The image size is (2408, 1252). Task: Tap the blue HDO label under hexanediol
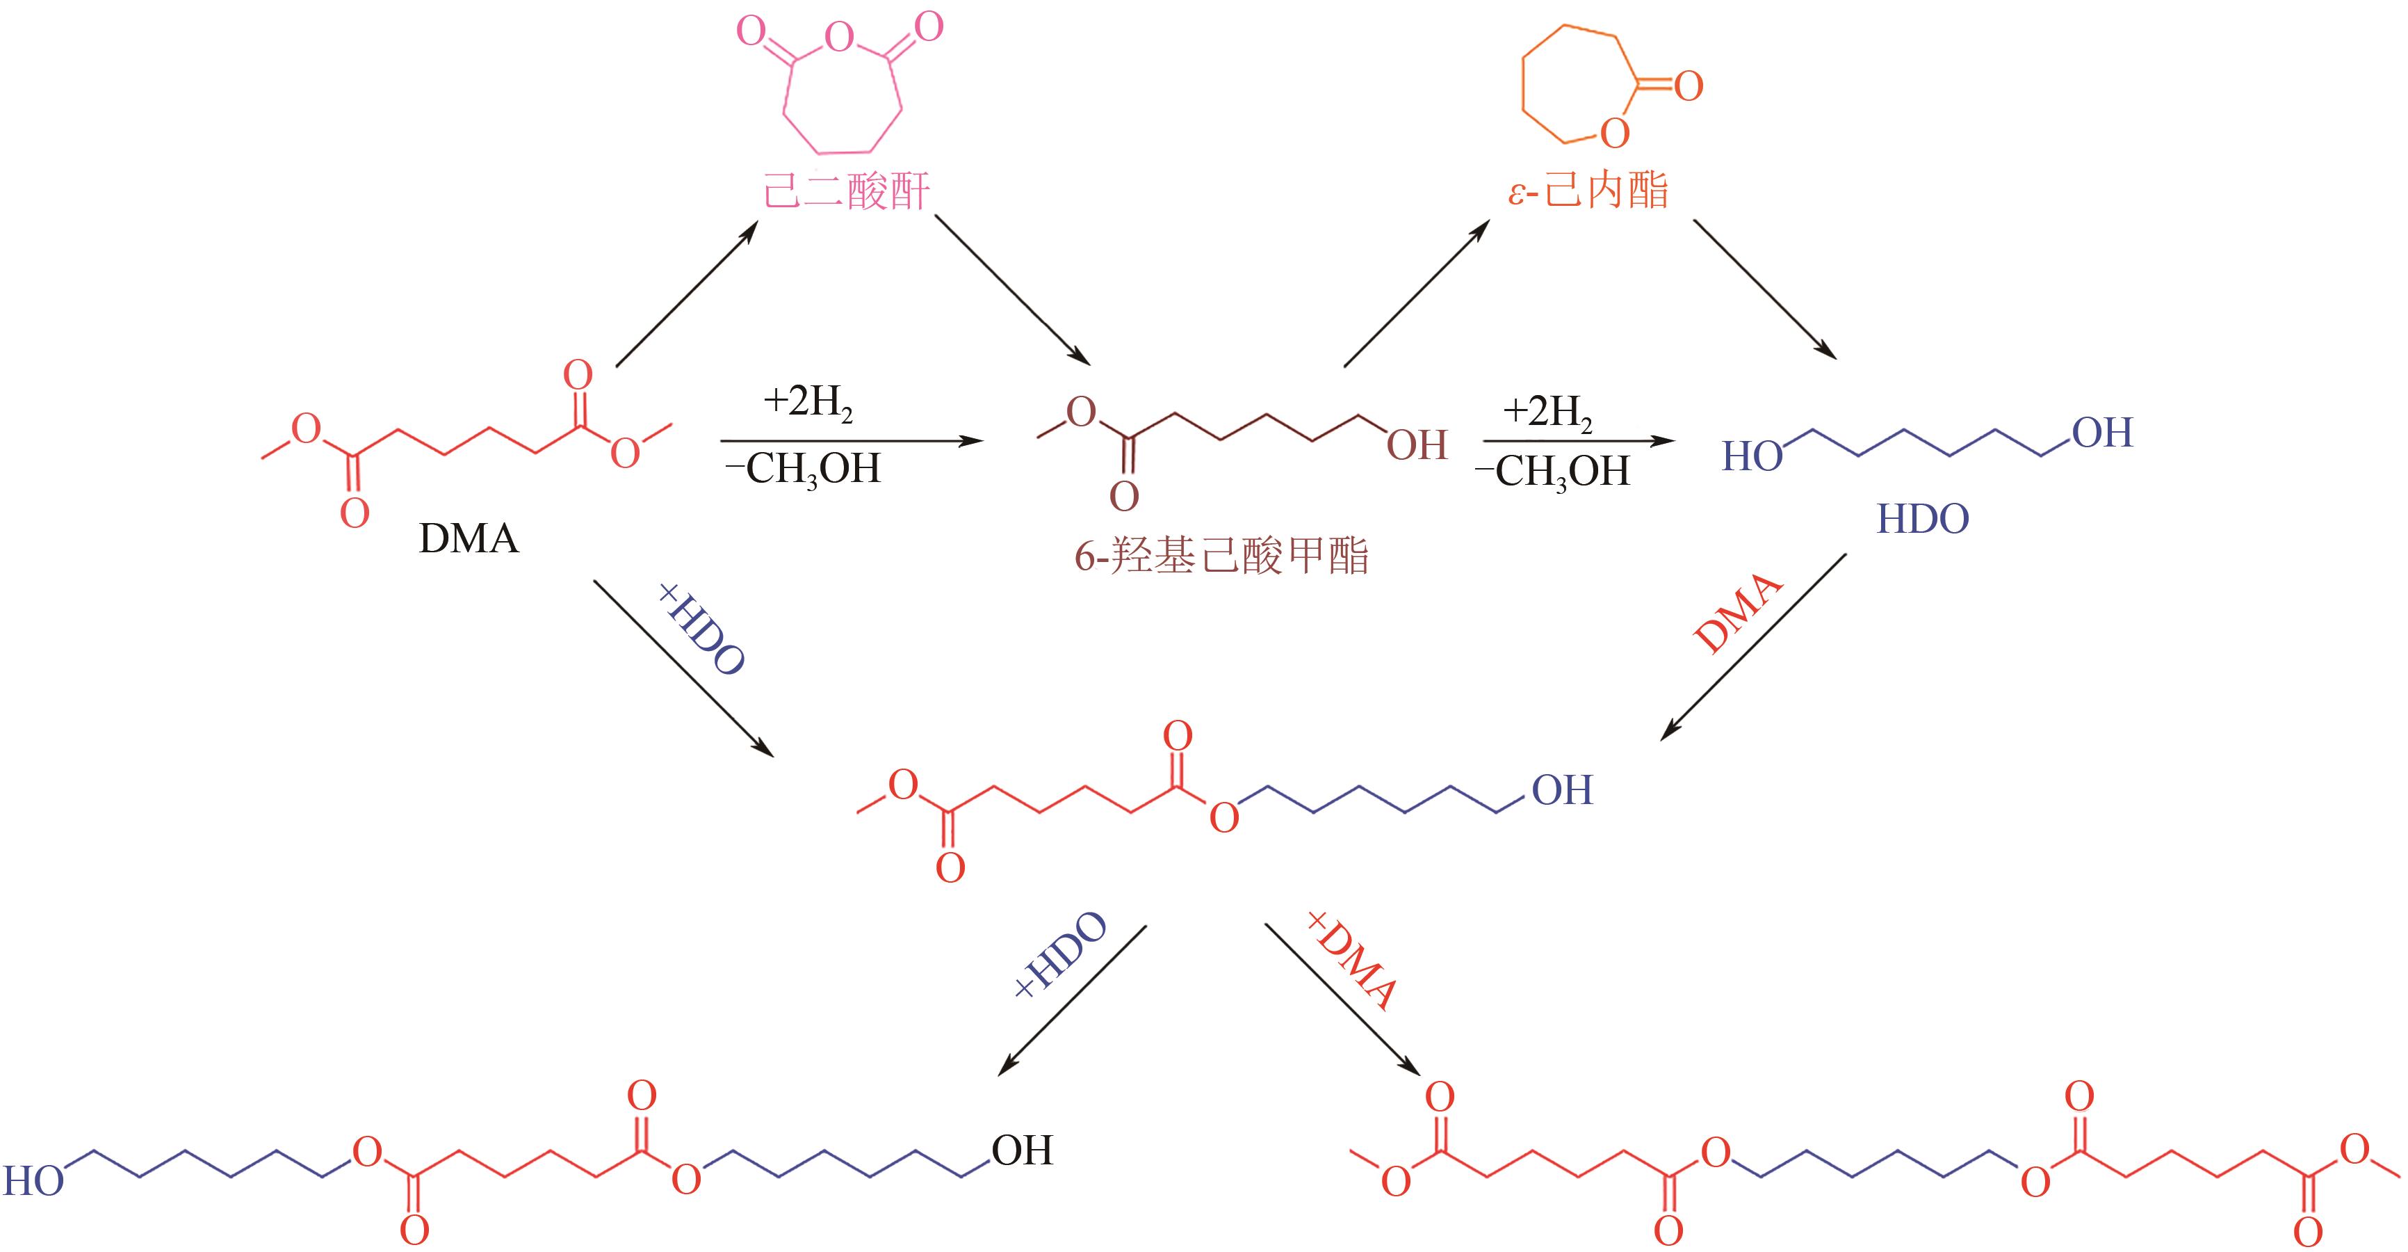(1923, 519)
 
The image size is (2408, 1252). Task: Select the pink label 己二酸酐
(847, 192)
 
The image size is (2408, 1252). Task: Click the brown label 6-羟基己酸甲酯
(1221, 557)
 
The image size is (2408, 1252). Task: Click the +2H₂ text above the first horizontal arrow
(808, 403)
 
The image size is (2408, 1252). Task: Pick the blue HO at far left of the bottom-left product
(33, 1182)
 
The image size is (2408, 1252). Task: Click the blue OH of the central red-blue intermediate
(1562, 791)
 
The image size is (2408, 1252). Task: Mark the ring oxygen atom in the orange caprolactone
(1614, 134)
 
